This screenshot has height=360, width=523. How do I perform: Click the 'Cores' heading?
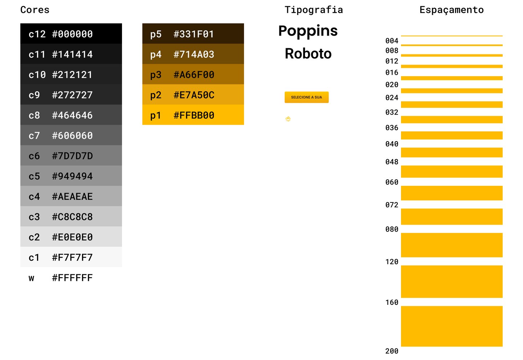coord(35,10)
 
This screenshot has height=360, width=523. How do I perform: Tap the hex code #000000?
coord(72,34)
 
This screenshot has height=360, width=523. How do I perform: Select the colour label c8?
coord(34,115)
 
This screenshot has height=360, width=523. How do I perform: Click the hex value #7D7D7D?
coord(72,156)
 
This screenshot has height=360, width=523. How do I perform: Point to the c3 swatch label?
coord(34,217)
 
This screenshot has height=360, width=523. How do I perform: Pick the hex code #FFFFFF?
coord(72,278)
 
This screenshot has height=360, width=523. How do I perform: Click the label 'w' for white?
coord(32,278)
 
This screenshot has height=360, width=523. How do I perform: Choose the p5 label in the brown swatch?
coord(156,34)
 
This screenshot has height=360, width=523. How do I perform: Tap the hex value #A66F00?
coord(194,75)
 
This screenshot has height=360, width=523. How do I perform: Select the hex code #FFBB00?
coord(194,115)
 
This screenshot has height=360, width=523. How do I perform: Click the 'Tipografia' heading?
coord(314,10)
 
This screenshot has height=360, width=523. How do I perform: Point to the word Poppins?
coord(308,31)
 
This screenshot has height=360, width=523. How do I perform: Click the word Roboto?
coord(308,54)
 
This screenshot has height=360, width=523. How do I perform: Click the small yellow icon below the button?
coord(288,119)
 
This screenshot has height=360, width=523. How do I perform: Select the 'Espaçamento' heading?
coord(451,10)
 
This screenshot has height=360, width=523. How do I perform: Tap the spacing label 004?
coord(392,41)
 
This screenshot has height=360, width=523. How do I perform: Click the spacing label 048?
coord(392,162)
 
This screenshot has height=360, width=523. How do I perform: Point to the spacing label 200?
coord(392,351)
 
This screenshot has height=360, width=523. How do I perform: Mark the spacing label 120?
coord(392,262)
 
